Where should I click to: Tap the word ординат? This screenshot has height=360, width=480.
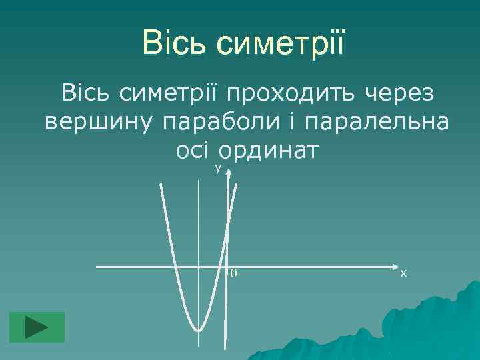point(270,151)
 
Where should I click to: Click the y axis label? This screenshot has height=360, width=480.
point(218,169)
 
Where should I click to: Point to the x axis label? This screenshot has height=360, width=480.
point(404,273)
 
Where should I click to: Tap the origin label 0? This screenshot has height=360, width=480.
point(234,273)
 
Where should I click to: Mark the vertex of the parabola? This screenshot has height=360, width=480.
point(198,329)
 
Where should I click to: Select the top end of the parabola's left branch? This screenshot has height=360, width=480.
point(160,185)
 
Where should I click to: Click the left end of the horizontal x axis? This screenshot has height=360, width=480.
point(97,267)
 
